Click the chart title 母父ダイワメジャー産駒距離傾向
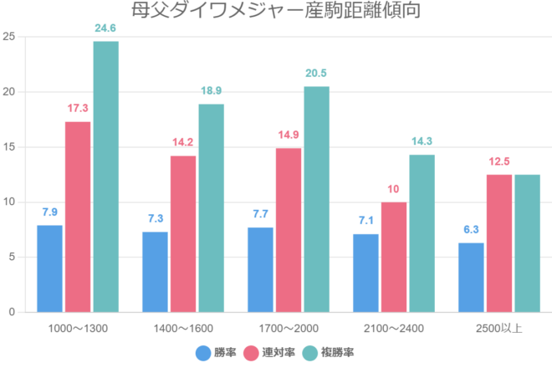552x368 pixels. (x=275, y=11)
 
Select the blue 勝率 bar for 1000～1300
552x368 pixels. (x=49, y=268)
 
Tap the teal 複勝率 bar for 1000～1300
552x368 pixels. (x=105, y=176)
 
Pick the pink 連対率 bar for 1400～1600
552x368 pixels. (x=183, y=234)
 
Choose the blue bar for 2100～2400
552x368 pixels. (x=365, y=273)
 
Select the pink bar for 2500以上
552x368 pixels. (x=499, y=243)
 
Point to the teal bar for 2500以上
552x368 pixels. (x=527, y=243)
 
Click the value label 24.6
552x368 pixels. (x=105, y=28)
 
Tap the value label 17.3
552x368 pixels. (x=78, y=109)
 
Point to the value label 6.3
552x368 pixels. (x=471, y=230)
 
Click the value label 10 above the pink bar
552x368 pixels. (x=393, y=189)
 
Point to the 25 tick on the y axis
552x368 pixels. (x=8, y=37)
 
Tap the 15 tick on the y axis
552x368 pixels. (x=8, y=147)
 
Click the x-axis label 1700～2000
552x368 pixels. (x=289, y=327)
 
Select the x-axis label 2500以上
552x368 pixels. (x=499, y=327)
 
